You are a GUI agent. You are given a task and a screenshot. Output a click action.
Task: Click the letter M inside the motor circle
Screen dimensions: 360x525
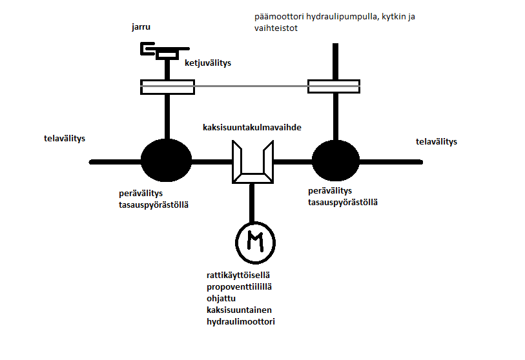point(256,242)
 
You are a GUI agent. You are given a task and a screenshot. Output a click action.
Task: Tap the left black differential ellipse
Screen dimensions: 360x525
point(166,161)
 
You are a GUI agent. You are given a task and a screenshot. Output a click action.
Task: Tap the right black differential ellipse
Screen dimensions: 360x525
point(336,161)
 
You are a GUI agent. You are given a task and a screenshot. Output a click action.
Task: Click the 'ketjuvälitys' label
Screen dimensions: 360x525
point(207,63)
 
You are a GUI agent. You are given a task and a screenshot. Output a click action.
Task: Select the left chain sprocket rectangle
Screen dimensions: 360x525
point(167,86)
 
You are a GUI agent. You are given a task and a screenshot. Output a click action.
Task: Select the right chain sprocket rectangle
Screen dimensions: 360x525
point(334,86)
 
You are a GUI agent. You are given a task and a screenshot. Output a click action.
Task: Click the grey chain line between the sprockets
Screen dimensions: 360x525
point(251,86)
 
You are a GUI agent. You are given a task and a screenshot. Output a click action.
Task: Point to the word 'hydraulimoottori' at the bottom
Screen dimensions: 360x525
point(241,321)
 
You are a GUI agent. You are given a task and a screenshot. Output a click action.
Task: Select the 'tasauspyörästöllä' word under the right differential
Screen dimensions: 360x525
point(343,202)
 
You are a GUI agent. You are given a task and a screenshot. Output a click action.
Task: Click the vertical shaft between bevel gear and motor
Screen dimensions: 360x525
point(252,203)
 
